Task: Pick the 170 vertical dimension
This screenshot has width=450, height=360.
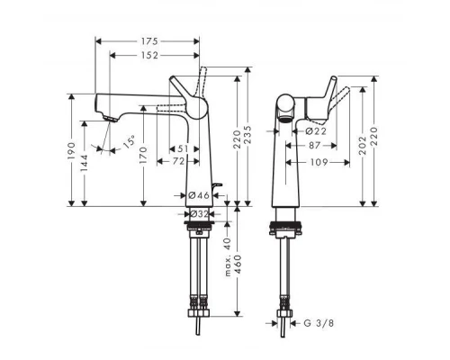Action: (142, 160)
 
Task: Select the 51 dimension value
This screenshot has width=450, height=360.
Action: (184, 148)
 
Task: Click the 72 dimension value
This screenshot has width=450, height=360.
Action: (178, 161)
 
